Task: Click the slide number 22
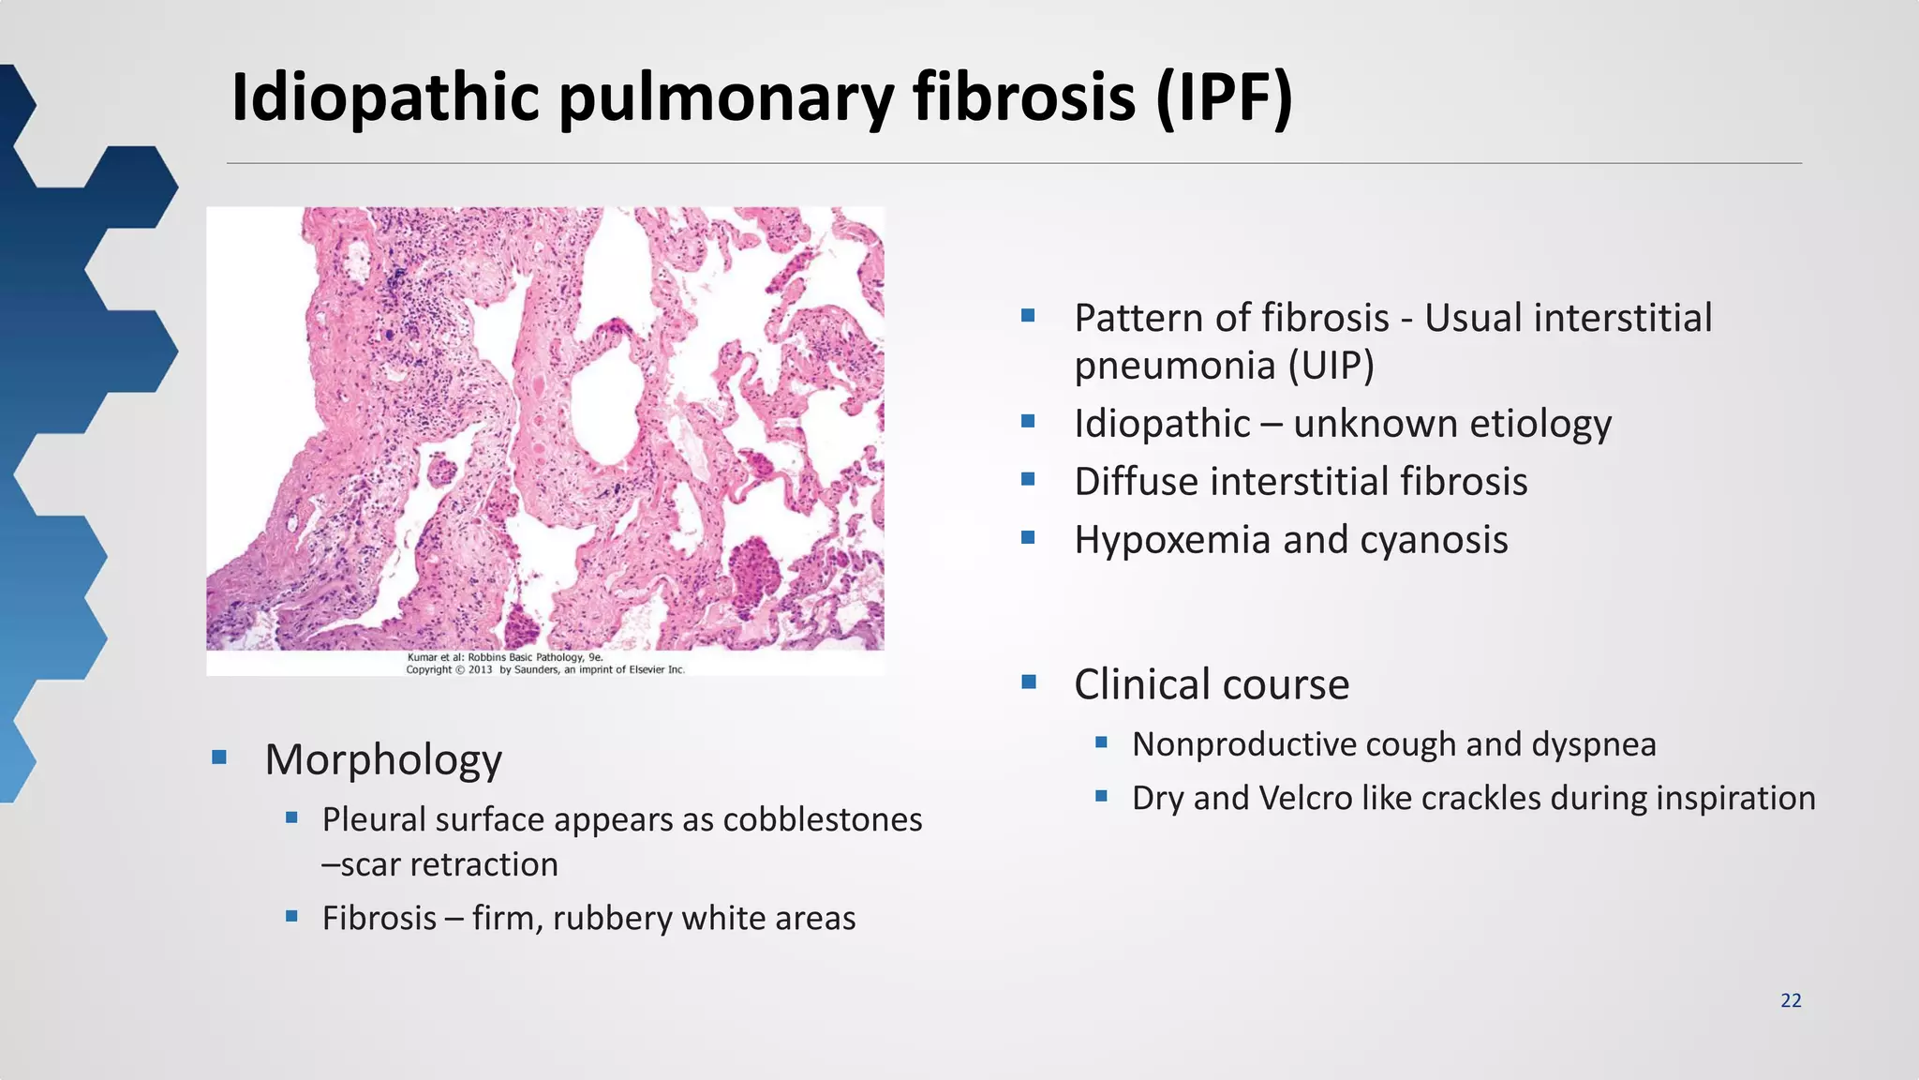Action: point(1791,1000)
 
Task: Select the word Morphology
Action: point(383,759)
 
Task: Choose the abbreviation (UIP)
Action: point(1331,366)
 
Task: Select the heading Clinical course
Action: point(1212,684)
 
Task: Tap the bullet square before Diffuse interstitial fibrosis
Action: point(1028,480)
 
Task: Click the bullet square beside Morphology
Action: point(219,757)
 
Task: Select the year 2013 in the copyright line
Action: point(481,670)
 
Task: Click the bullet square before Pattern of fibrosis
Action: point(1028,316)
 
